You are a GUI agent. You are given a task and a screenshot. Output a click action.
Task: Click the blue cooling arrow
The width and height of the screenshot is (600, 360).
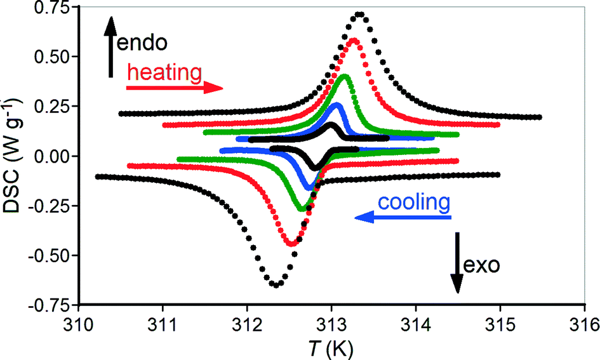click(403, 218)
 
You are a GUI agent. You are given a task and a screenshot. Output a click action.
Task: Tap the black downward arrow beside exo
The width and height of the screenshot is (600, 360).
click(457, 263)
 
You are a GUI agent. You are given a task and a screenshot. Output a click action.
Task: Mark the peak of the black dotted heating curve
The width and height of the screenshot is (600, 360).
click(360, 14)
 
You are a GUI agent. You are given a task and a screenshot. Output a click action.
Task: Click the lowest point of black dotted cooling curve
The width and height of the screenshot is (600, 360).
click(276, 285)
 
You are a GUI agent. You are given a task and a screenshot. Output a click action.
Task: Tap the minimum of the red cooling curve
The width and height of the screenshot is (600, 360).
click(290, 244)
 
